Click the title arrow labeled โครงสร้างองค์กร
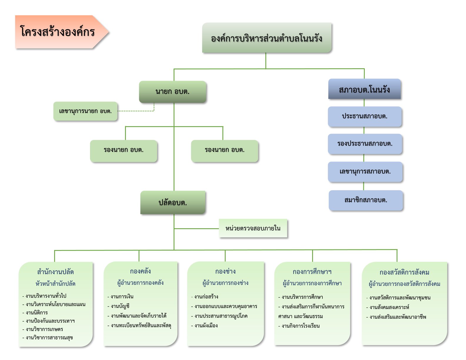[62, 32]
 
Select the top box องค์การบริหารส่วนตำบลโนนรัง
[267, 38]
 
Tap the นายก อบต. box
[173, 91]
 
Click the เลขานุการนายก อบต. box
[85, 111]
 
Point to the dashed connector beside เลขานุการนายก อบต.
[139, 111]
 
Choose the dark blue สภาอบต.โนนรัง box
[364, 89]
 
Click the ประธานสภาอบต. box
[365, 116]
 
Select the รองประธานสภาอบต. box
[365, 144]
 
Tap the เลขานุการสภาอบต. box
[365, 172]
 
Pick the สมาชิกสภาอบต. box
[366, 200]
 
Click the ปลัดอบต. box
[173, 202]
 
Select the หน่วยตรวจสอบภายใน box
[253, 228]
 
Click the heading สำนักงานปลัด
[56, 272]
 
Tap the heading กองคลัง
[140, 271]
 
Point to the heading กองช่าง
[225, 271]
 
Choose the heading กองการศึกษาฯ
[312, 272]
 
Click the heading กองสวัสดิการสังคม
[405, 272]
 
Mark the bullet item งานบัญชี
[119, 306]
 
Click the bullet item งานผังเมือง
[204, 326]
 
